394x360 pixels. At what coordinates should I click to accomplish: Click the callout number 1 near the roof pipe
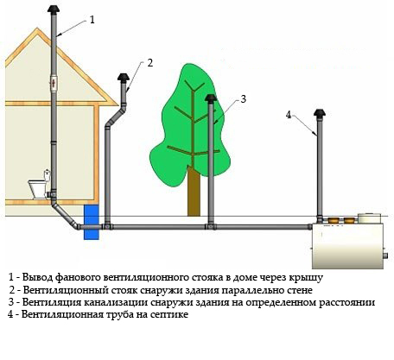[92, 18]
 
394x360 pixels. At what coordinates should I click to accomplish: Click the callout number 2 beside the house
[149, 62]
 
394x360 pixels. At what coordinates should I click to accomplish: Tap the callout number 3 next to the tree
[244, 98]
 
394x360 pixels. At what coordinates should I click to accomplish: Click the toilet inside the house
[37, 187]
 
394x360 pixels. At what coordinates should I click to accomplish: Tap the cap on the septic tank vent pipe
[320, 116]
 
